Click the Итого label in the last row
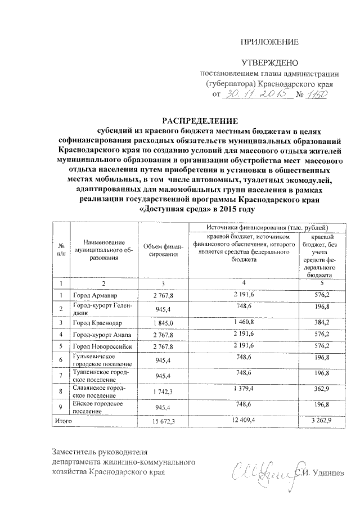click(x=62, y=420)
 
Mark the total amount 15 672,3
click(x=161, y=420)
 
